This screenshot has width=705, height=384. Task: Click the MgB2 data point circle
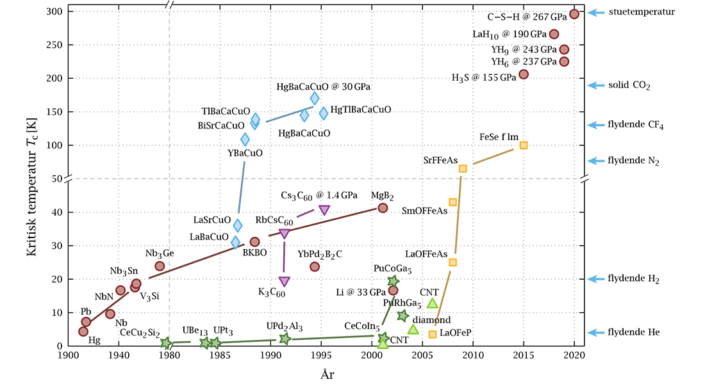coord(383,207)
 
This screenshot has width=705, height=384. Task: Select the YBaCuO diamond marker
coord(245,140)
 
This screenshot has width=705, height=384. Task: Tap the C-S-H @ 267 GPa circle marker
coord(574,14)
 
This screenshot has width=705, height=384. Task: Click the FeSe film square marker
coord(524,145)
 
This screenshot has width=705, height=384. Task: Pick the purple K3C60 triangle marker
coord(285,282)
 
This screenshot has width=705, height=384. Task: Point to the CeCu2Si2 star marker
coord(166,343)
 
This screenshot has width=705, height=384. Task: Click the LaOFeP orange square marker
coord(433,334)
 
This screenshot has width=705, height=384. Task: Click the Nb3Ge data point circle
coord(160,266)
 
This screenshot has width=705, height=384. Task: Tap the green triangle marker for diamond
coord(413,330)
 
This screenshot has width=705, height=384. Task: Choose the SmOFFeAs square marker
coord(453,202)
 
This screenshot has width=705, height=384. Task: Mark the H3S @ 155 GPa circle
coord(524,74)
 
